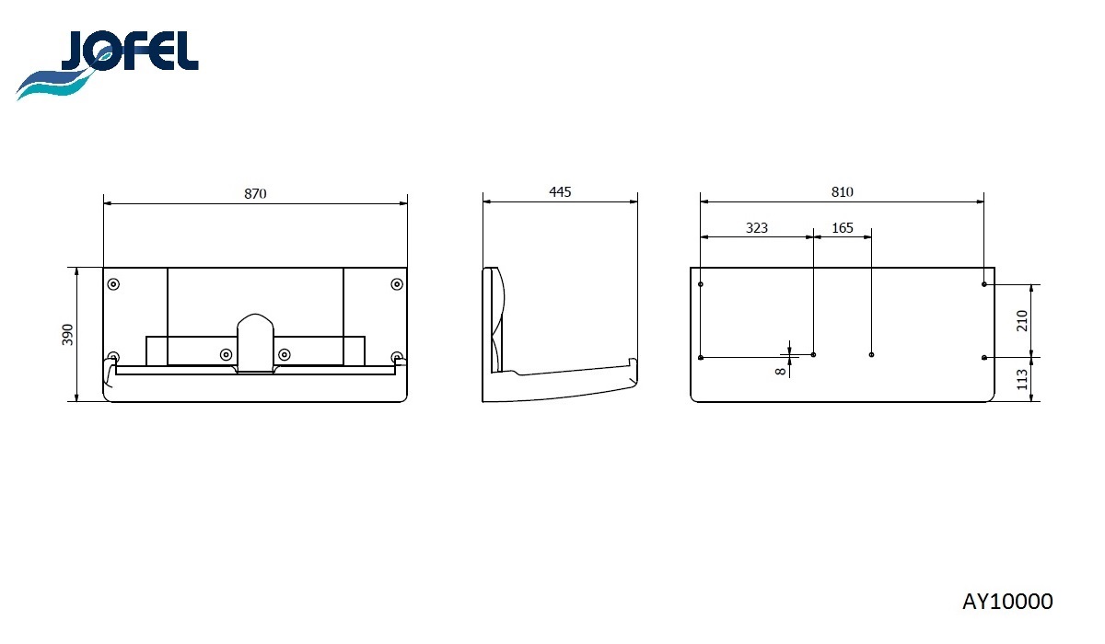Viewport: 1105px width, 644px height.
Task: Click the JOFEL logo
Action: (108, 65)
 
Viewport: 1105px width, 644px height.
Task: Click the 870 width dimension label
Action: (255, 193)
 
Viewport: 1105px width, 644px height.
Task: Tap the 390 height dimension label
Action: (67, 335)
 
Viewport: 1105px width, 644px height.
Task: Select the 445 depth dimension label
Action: (560, 191)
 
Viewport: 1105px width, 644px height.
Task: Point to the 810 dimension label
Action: (842, 191)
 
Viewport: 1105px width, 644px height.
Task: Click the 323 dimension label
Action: (757, 227)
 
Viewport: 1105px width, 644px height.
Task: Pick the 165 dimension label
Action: (842, 227)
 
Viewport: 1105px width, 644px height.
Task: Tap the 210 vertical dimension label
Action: (1021, 321)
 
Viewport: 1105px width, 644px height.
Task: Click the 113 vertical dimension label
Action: (1021, 379)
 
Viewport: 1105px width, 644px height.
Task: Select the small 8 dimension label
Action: (780, 371)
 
